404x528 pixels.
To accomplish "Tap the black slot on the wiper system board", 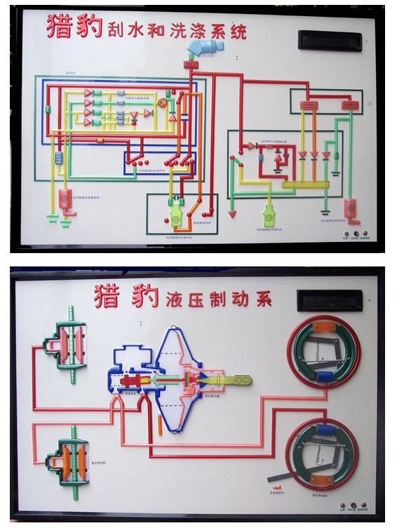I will point(329,40).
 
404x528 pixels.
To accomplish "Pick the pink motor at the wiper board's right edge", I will point(351,210).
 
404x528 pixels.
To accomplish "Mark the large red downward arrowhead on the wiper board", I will point(232,212).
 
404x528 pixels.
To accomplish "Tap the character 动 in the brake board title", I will point(245,297).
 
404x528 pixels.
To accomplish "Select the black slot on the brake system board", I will point(329,300).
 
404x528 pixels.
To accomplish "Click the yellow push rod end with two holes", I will point(238,380).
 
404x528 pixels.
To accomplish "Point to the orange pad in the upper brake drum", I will point(323,326).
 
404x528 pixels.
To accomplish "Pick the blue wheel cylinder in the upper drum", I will point(325,378).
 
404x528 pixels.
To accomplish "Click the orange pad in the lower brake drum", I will point(323,481).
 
